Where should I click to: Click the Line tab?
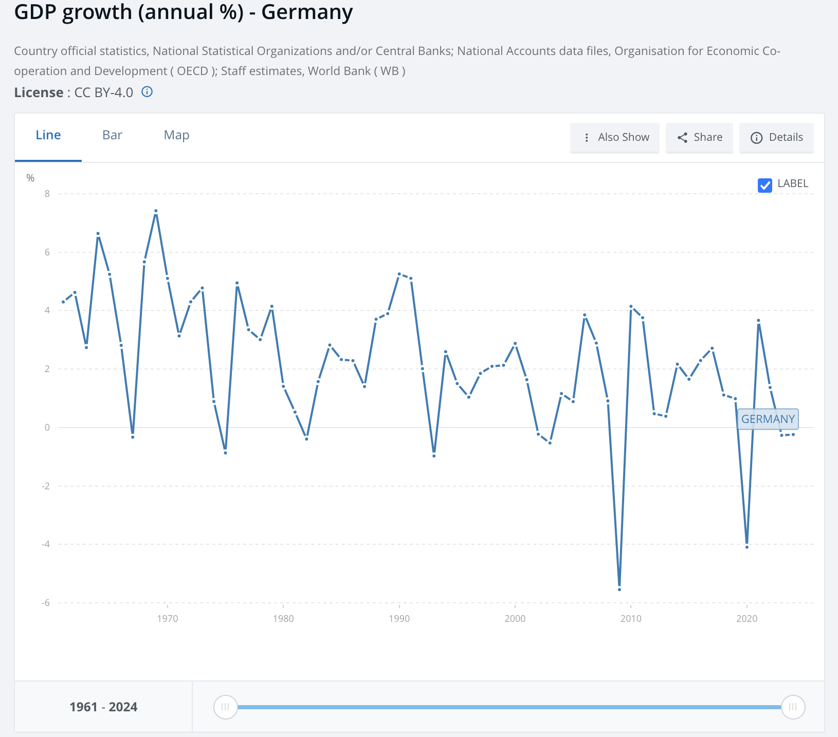tap(48, 135)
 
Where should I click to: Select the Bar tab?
tap(112, 135)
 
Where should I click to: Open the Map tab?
tap(176, 135)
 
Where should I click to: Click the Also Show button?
tap(615, 137)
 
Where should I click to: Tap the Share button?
tap(699, 137)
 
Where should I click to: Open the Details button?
tap(776, 137)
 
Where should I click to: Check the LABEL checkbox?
tap(764, 185)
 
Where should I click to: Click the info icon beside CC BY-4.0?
tap(147, 92)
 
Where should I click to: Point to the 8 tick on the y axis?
tap(47, 194)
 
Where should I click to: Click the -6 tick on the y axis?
tap(46, 603)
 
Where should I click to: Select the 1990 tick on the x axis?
tap(399, 619)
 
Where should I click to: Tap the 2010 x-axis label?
tap(631, 619)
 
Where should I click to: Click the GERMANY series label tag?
tap(768, 419)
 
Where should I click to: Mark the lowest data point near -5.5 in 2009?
tap(620, 589)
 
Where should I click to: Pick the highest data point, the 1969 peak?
tap(156, 211)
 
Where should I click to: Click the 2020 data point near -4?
tap(746, 547)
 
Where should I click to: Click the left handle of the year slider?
tap(225, 707)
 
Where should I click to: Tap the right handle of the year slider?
tap(793, 707)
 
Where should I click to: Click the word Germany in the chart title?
tap(307, 12)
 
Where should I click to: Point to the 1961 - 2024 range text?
tap(103, 707)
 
